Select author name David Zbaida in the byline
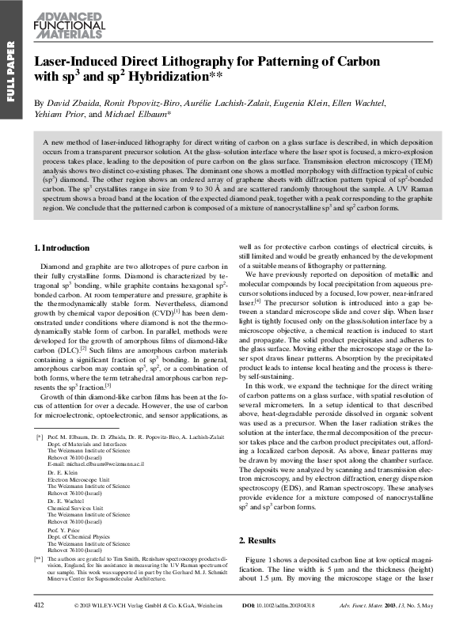[70, 104]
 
